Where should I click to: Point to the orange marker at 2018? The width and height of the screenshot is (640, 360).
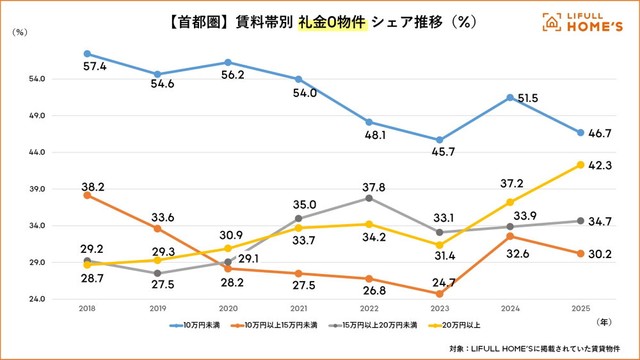tap(88, 195)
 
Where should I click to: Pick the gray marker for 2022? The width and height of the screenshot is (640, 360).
tap(369, 198)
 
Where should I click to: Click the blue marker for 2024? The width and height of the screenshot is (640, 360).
tap(510, 97)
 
